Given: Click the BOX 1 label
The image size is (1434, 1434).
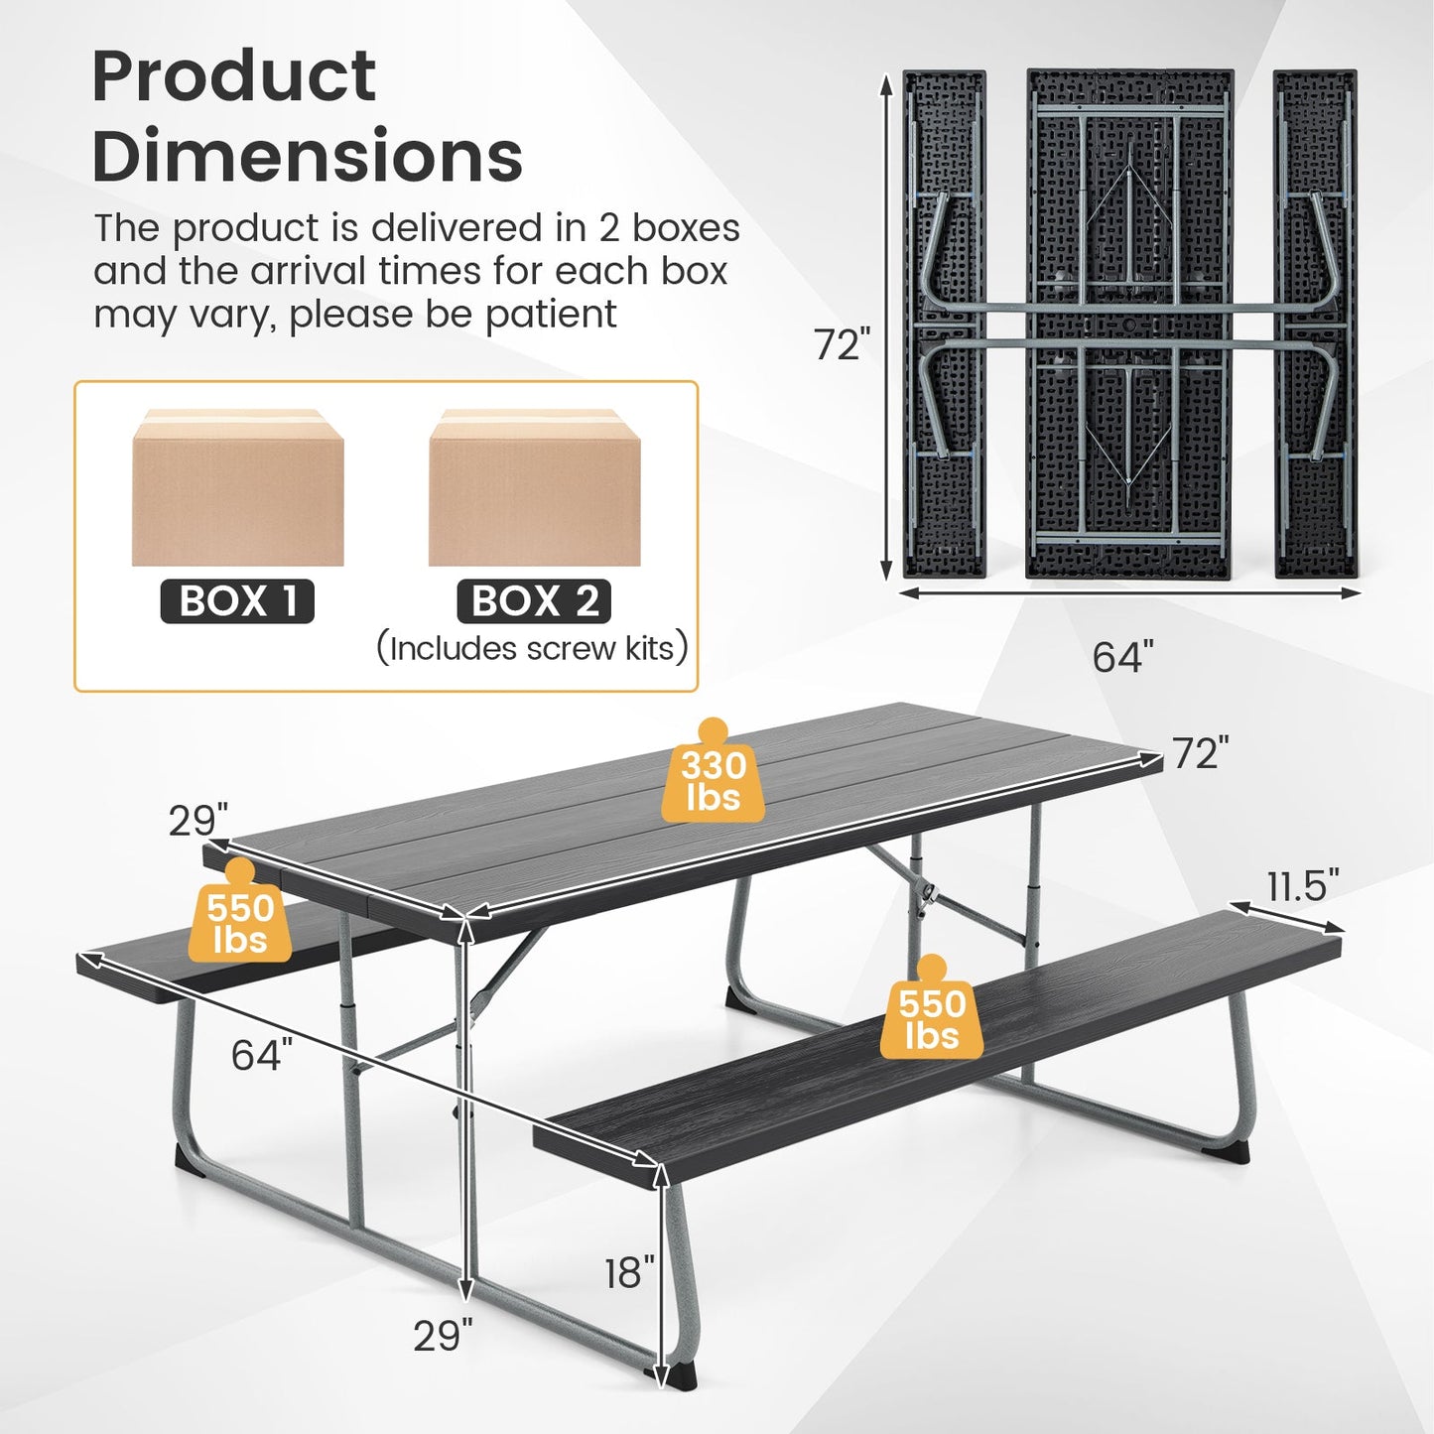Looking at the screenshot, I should tap(237, 601).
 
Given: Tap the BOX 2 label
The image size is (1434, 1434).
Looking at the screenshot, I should tap(534, 601).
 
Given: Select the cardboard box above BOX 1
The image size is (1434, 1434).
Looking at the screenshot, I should tap(238, 488).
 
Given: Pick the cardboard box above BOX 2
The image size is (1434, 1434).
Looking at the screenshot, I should tap(534, 488).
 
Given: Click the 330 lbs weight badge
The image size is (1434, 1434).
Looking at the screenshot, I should tap(713, 781).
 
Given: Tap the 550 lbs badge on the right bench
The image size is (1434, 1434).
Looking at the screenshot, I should tap(931, 1018).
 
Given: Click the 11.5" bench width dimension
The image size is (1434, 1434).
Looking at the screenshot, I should tap(1302, 885).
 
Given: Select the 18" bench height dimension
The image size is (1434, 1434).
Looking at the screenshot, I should tap(629, 1272).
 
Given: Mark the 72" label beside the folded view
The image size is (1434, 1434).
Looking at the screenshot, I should tap(842, 345).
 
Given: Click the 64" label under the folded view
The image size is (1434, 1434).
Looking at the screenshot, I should tap(1122, 657).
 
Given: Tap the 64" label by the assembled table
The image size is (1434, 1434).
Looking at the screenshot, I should tap(262, 1054).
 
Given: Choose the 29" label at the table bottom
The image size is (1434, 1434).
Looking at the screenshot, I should tap(443, 1336).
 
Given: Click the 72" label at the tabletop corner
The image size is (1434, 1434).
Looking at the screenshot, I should tap(1200, 754).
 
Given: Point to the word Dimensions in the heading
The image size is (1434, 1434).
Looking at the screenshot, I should tap(308, 157).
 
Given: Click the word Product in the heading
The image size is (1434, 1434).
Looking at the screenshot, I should tap(234, 75).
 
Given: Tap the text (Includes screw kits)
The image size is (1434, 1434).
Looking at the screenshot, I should tap(532, 649).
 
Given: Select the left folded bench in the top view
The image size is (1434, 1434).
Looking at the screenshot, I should tap(944, 324).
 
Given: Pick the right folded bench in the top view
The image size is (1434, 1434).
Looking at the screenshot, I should tap(1315, 324).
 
